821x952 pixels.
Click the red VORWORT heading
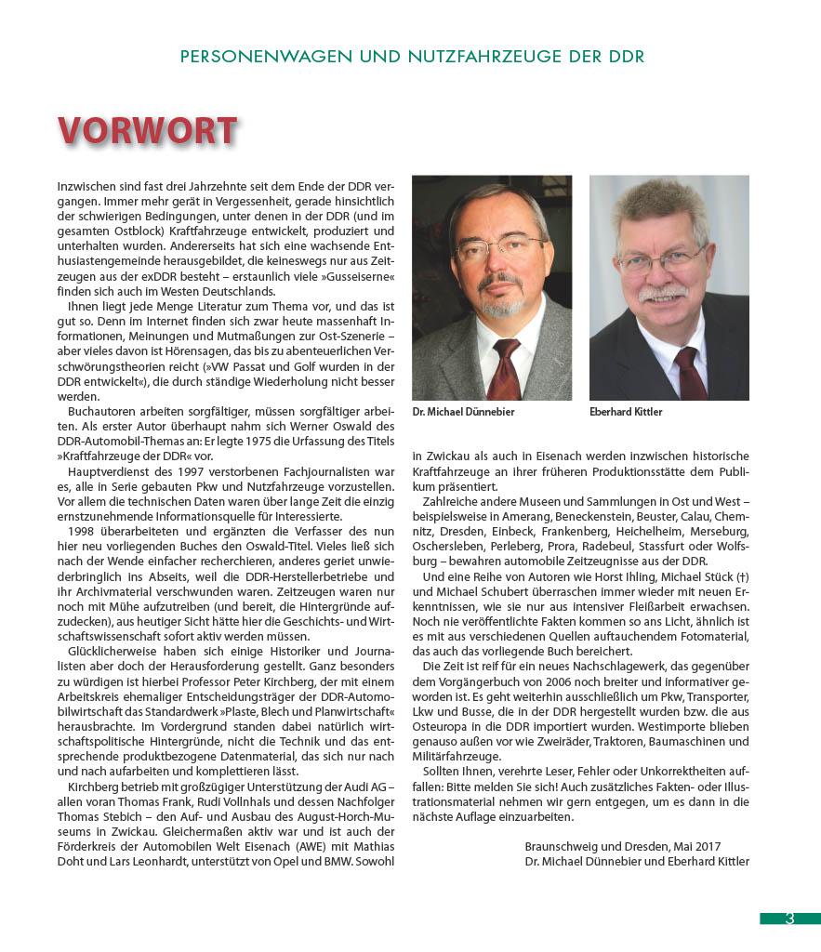pos(147,131)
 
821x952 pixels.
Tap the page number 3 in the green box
pos(789,919)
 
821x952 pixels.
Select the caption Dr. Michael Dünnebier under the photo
pos(463,412)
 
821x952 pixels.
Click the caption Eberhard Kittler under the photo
pos(626,412)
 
